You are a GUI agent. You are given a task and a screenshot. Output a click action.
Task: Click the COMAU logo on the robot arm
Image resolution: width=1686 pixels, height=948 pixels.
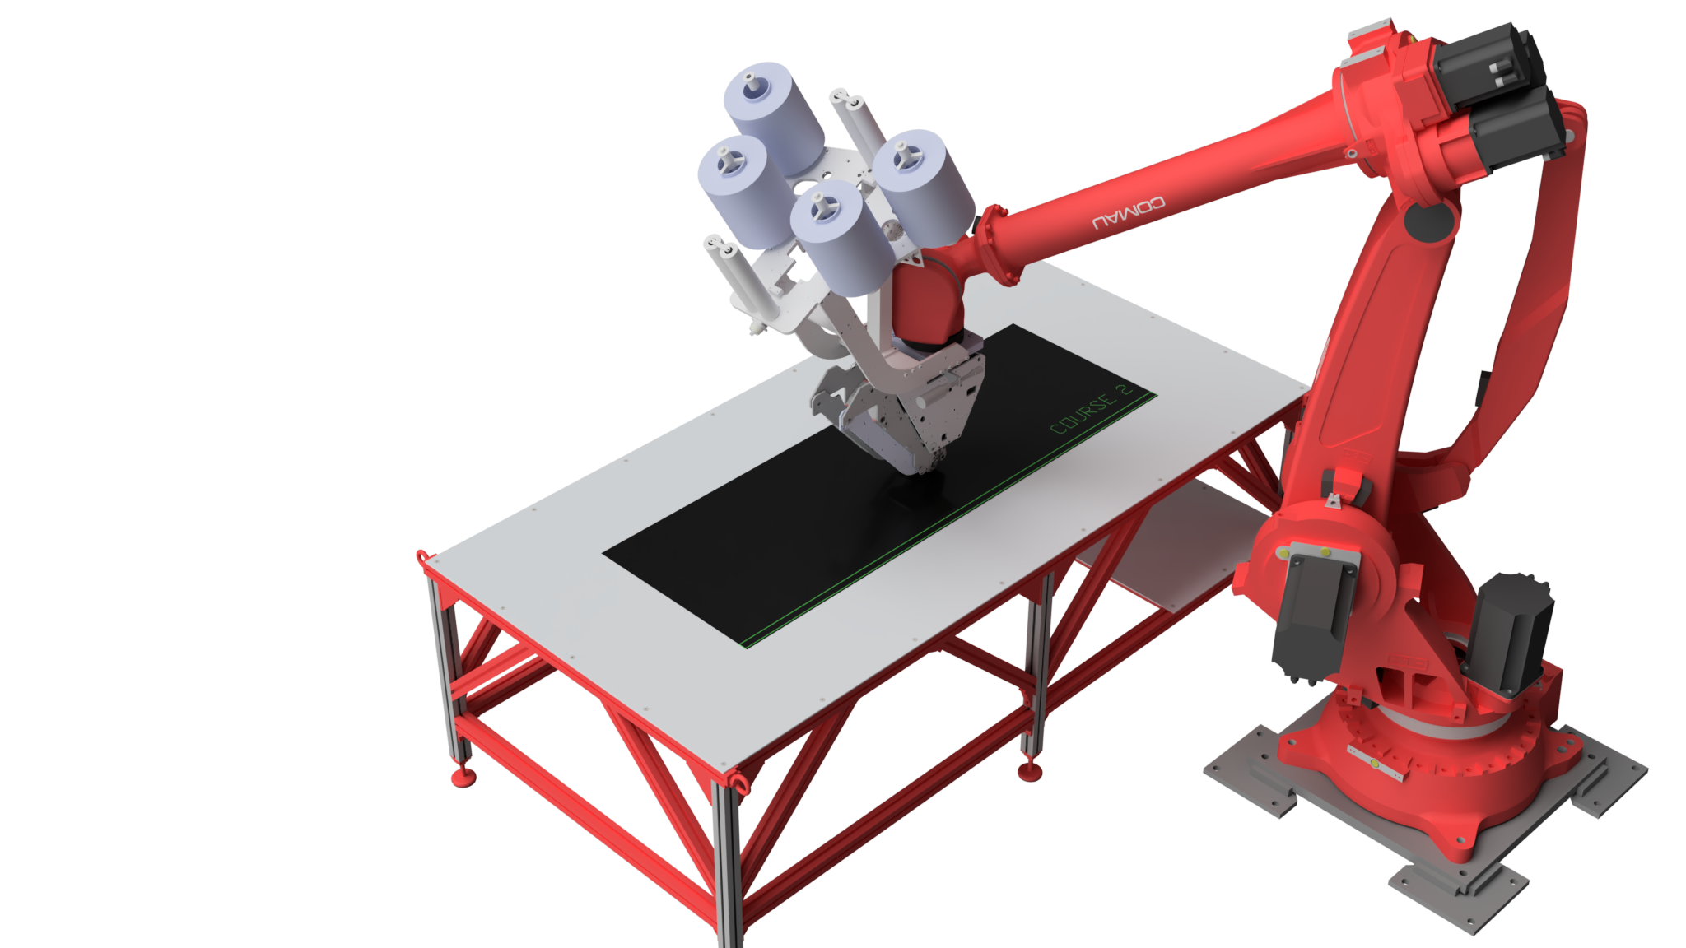1128,212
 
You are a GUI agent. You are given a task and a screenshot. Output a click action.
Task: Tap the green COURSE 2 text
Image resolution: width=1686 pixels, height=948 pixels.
1092,408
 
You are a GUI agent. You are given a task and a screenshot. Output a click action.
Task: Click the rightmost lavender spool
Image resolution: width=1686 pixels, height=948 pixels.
923,186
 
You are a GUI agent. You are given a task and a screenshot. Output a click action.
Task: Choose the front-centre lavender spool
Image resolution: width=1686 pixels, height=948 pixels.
841,237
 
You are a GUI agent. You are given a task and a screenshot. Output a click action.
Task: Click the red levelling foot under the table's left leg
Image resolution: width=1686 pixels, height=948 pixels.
463,776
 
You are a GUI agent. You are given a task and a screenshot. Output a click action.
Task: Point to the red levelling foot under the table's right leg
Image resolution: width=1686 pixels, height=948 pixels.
1030,771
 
